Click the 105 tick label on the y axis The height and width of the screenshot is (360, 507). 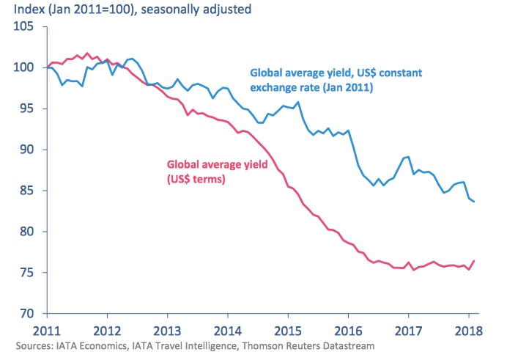click(24, 27)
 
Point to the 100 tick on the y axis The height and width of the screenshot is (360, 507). click(24, 68)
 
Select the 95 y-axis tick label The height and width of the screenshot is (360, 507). click(27, 109)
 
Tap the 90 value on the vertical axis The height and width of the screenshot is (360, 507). click(27, 150)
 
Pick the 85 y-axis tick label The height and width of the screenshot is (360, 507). click(27, 191)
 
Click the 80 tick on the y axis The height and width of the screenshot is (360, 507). click(27, 232)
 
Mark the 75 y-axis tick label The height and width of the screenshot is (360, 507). click(27, 273)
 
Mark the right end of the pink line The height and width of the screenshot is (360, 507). click(474, 261)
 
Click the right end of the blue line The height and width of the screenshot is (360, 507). click(474, 202)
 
